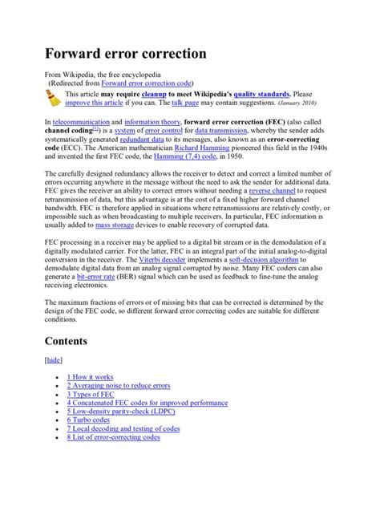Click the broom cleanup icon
(x=54, y=98)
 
